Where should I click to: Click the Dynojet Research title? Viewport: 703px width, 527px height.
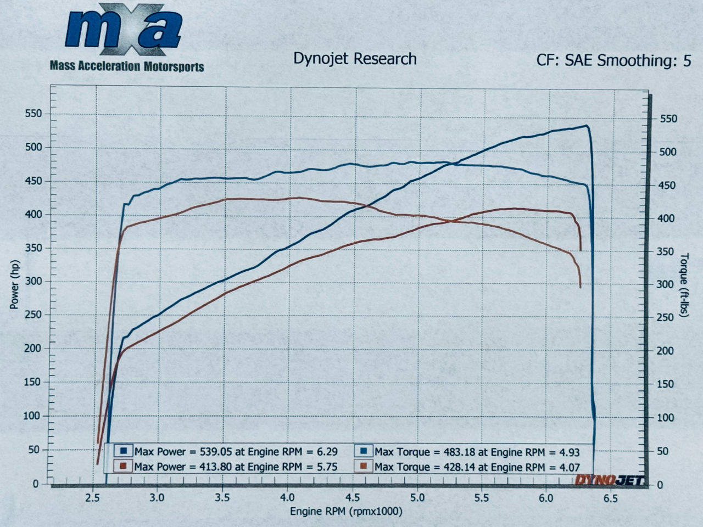(x=355, y=59)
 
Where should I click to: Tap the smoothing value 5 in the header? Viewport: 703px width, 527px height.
(x=687, y=60)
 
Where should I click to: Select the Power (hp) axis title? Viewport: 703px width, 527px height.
(x=15, y=284)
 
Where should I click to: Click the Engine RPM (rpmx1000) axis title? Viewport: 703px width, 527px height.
(x=346, y=512)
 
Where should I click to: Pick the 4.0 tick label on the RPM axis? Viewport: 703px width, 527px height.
(x=287, y=498)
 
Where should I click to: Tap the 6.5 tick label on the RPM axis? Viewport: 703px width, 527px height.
(x=610, y=498)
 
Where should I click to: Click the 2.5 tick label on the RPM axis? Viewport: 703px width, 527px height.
(x=92, y=498)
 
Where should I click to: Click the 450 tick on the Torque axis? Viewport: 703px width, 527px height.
(x=668, y=186)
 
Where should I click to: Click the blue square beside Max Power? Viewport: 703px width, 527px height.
(x=124, y=451)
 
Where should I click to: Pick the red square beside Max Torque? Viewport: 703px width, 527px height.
(x=364, y=467)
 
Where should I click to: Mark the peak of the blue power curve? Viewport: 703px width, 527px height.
(x=587, y=126)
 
